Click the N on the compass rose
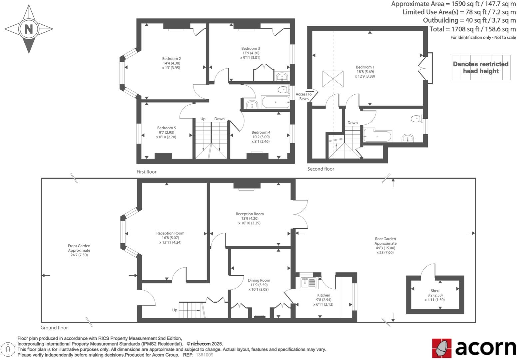(x=29, y=29)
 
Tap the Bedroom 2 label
(x=172, y=59)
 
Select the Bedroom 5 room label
(x=167, y=128)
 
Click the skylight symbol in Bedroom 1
(x=333, y=79)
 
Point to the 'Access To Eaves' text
(x=303, y=96)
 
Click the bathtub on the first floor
(x=275, y=102)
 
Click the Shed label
(x=435, y=291)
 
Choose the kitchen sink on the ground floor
(x=308, y=283)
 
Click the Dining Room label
(x=259, y=280)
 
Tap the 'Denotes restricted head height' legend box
(x=481, y=68)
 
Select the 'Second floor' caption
(x=320, y=169)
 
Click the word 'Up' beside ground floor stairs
(x=175, y=310)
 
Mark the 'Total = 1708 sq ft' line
(x=472, y=29)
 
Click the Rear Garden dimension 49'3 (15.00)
(x=385, y=248)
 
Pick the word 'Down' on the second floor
(x=352, y=123)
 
